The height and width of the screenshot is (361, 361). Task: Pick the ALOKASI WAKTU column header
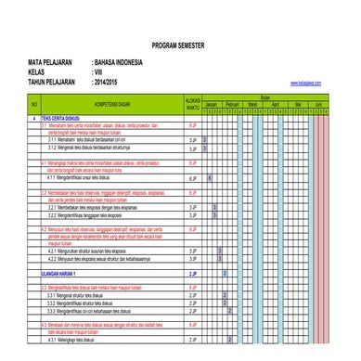tap(193, 103)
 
